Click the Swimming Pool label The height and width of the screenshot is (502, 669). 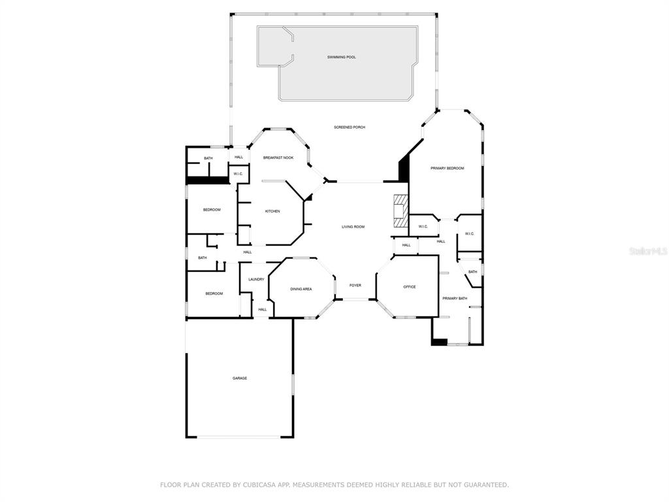click(x=341, y=58)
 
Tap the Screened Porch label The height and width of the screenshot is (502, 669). click(x=350, y=127)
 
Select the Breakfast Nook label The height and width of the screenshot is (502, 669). click(x=278, y=158)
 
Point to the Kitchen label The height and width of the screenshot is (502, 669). click(x=272, y=211)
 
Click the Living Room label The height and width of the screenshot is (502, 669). click(x=353, y=227)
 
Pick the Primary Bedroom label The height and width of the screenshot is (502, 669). click(x=447, y=169)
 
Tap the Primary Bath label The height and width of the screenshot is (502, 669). click(x=455, y=299)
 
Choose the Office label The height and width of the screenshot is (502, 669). click(x=410, y=287)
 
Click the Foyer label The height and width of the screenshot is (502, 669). click(x=355, y=286)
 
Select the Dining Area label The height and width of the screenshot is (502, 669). click(x=301, y=290)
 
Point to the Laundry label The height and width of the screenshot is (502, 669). click(x=256, y=280)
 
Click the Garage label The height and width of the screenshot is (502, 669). click(x=240, y=378)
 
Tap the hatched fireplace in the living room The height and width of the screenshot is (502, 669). click(x=400, y=211)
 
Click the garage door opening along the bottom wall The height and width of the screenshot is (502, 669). click(x=239, y=437)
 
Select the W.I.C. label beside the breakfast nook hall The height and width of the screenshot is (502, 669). click(x=238, y=174)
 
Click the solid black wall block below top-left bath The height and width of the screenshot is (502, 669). click(x=208, y=180)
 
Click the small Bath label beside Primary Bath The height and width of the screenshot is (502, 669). click(x=473, y=272)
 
